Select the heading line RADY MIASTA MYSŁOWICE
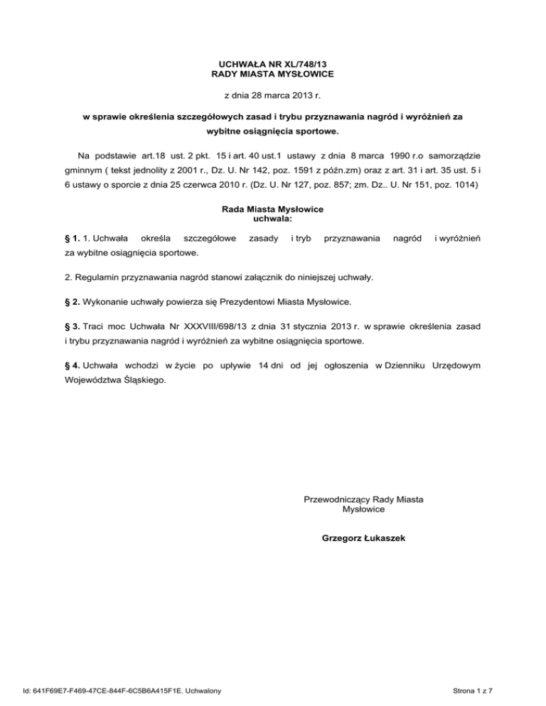pos(273,74)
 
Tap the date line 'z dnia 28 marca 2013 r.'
pos(273,95)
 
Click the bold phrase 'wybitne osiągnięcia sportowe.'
pos(273,131)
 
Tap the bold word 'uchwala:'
pos(273,219)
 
